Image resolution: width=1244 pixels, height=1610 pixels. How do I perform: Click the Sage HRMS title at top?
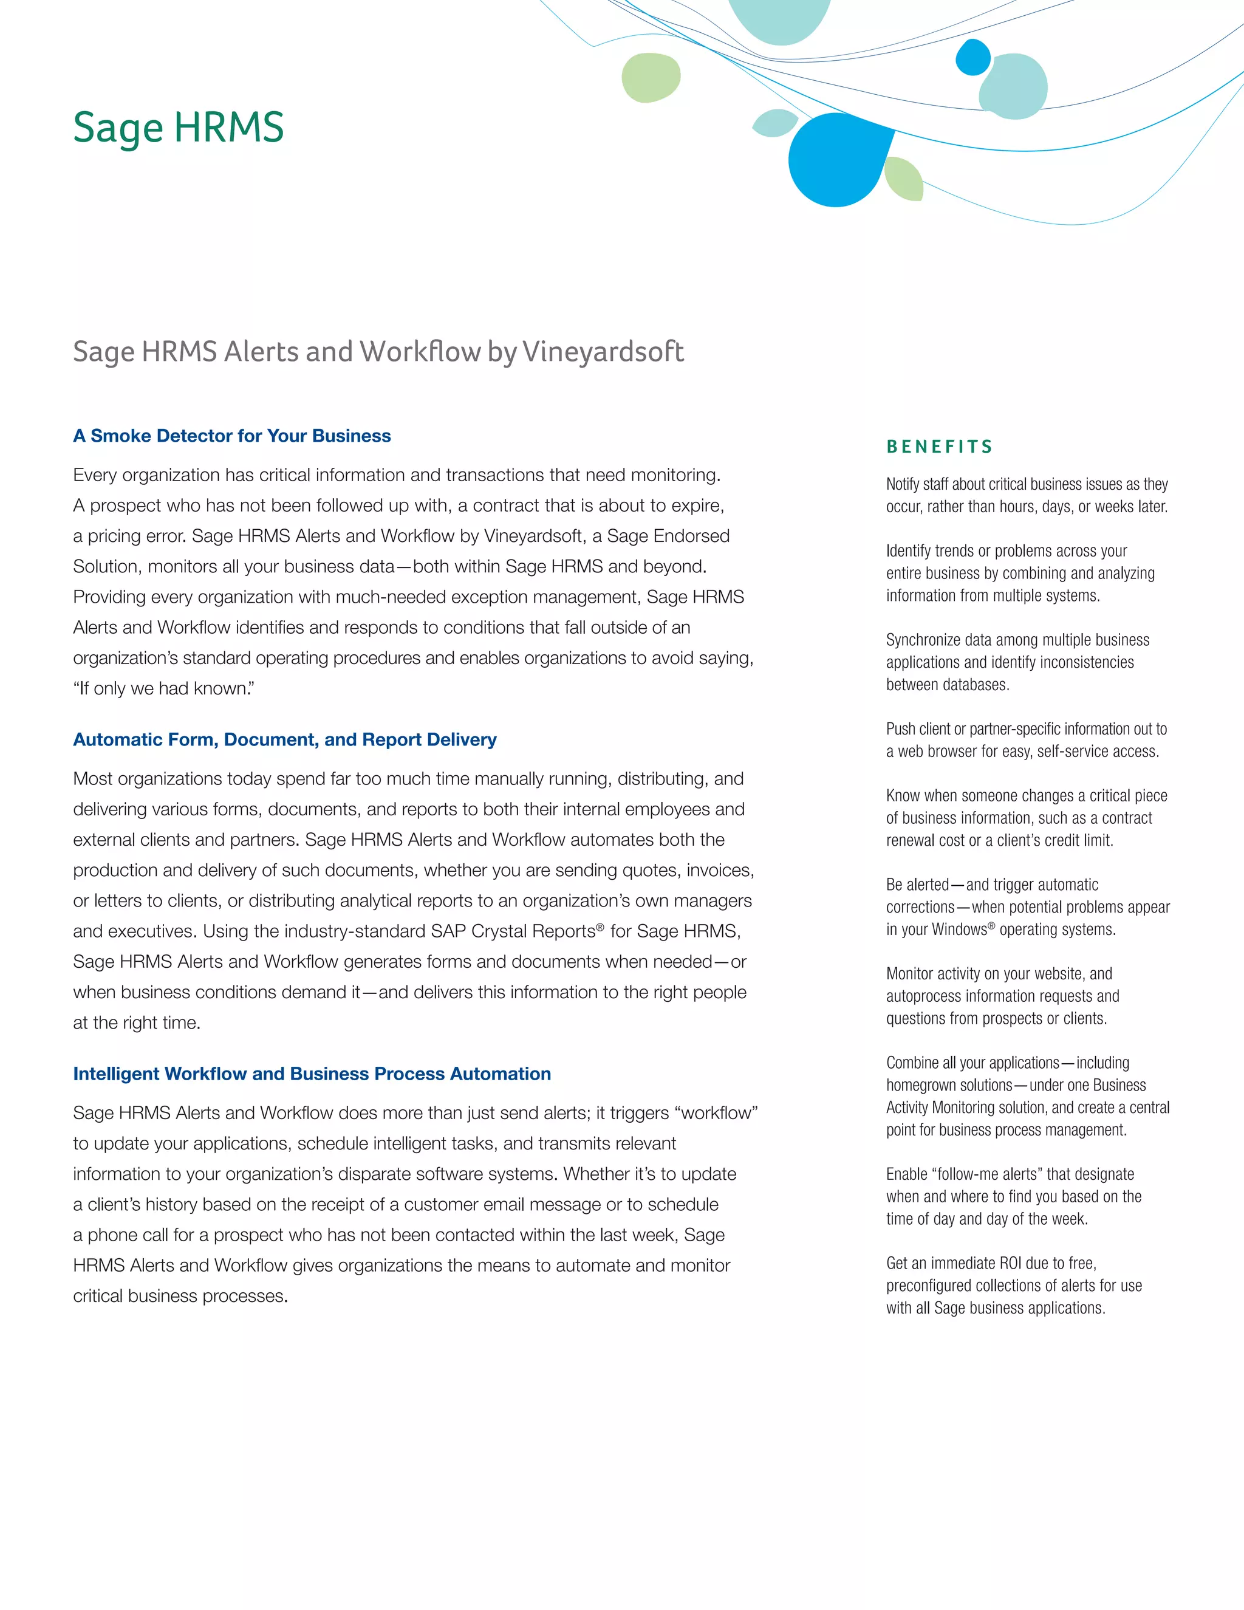pos(179,128)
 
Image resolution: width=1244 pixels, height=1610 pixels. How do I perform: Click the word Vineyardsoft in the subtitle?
pos(603,352)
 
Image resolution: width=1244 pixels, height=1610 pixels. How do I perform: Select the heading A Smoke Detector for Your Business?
pos(231,436)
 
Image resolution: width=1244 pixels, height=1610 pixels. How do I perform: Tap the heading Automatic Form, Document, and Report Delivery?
pos(284,739)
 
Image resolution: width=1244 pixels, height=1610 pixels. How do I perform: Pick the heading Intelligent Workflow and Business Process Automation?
pos(312,1074)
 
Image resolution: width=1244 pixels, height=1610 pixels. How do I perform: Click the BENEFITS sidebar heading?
pos(940,447)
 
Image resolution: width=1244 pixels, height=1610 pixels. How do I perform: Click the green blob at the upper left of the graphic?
pos(650,77)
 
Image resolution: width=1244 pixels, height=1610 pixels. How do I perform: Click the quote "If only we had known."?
pos(163,688)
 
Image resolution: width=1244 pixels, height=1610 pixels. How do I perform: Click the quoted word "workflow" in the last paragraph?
pos(716,1112)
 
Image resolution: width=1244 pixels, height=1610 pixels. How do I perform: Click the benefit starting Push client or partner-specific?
pos(1026,739)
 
